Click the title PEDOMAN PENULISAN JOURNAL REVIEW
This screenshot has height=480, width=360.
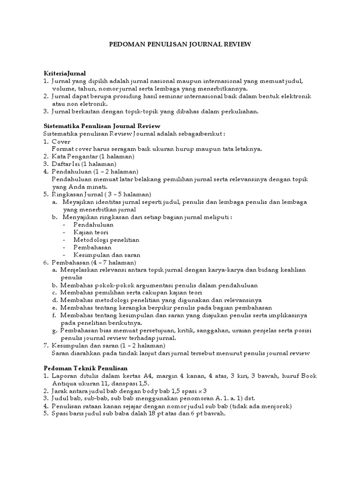click(180, 45)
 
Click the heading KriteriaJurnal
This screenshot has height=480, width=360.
click(65, 74)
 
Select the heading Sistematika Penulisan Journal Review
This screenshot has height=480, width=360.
click(102, 126)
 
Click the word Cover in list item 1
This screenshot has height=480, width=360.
click(61, 141)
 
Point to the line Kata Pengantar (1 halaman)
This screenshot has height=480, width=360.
click(93, 156)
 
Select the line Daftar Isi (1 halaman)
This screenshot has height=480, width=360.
click(84, 164)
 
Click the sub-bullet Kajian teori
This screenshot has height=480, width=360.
click(91, 232)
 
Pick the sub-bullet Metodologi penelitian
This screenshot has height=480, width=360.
click(106, 240)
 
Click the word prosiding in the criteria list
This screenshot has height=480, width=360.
click(128, 96)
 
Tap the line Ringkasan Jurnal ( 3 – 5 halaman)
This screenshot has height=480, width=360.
click(101, 194)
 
